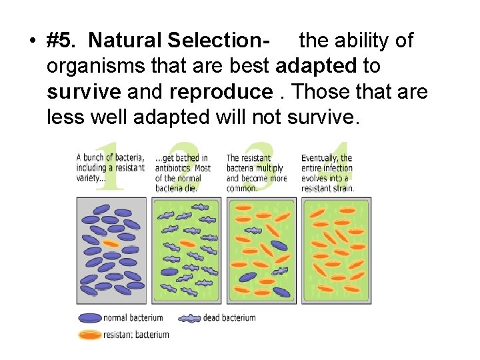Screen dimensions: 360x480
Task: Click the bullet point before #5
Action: pos(32,41)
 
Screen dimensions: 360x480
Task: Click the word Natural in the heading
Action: pos(125,41)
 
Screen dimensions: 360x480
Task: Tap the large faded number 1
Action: pos(109,167)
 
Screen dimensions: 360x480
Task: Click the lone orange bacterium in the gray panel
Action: pos(111,244)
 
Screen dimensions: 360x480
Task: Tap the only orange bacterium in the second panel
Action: pos(188,244)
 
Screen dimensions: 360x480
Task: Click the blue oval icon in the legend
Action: pos(89,318)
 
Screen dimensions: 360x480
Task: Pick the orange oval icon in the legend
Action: pos(89,335)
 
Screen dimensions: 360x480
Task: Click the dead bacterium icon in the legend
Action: pos(190,319)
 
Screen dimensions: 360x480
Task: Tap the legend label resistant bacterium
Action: pos(137,335)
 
